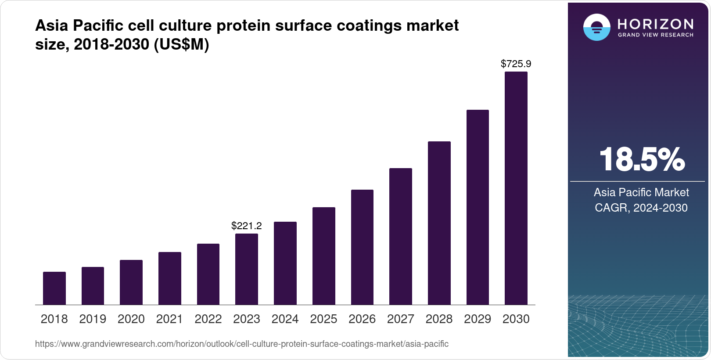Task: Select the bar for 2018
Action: (x=54, y=288)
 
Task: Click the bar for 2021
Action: (x=170, y=278)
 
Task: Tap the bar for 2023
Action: (x=247, y=269)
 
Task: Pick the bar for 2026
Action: (x=362, y=247)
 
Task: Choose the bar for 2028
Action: (x=439, y=223)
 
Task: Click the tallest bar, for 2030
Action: (x=516, y=188)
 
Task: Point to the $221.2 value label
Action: (x=247, y=226)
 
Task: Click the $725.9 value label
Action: (x=516, y=64)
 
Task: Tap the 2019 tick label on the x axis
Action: (x=93, y=319)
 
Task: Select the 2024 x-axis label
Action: (x=285, y=319)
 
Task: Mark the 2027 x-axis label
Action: (x=401, y=319)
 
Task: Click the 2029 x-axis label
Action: (x=478, y=319)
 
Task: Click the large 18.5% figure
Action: (x=641, y=159)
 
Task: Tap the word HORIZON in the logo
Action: (x=655, y=24)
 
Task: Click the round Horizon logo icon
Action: (x=596, y=27)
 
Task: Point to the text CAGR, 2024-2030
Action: (x=641, y=208)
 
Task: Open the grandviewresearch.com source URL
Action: (x=242, y=344)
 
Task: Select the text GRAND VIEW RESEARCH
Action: (x=655, y=35)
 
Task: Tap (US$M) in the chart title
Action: (x=181, y=44)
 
